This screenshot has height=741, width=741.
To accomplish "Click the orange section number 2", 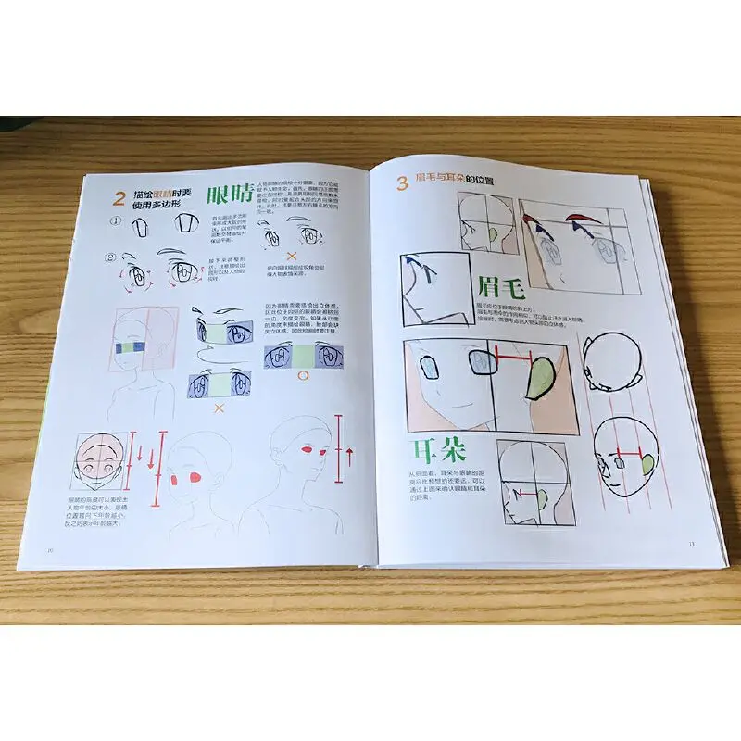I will coord(119,197).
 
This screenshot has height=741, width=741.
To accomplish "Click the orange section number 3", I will coord(402,182).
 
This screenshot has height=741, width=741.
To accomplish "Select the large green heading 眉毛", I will coord(503,286).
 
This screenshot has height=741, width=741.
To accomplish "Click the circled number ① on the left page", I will coord(116,222).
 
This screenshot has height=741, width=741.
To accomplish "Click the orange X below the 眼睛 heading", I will coord(291,256).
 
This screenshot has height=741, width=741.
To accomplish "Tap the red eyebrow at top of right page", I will coord(576,220).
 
